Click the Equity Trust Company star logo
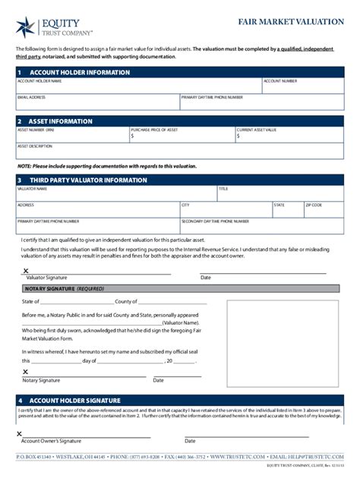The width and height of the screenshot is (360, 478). pos(25,27)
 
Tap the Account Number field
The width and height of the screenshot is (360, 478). pos(302,86)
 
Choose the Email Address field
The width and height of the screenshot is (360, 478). pos(97,102)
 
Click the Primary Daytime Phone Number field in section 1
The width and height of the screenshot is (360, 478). pos(261,102)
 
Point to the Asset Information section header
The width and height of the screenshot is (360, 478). pos(60,121)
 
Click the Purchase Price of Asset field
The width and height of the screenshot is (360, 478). pos(182,135)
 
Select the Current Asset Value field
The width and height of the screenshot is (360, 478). pos(289,135)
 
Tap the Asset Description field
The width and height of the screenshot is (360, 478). pos(180,151)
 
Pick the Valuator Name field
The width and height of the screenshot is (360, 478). pos(115,193)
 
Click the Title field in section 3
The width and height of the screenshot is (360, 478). pos(280,193)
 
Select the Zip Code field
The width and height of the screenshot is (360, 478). pos(324,209)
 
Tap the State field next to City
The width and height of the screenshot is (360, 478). pos(287,209)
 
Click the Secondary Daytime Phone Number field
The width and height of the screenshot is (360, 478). pos(261,226)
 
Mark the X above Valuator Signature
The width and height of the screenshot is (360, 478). pos(26,271)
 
